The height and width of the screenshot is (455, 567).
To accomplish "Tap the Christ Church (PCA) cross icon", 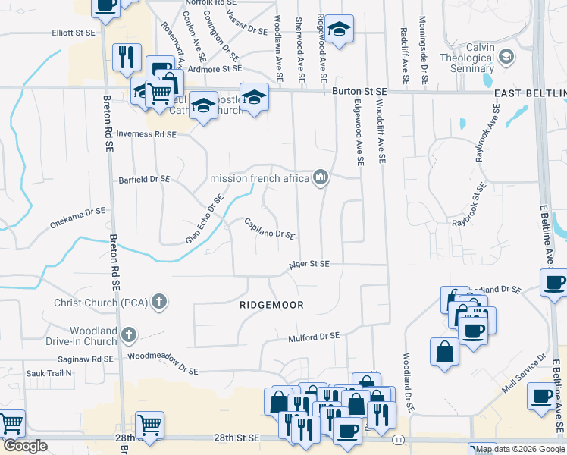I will pyautogui.click(x=158, y=303).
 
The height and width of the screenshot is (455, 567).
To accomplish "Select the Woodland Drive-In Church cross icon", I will pyautogui.click(x=129, y=334).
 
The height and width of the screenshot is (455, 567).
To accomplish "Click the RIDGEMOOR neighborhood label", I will pyautogui.click(x=271, y=305).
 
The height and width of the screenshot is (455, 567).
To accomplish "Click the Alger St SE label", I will pyautogui.click(x=310, y=265).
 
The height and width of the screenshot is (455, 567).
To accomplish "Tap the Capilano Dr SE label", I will pyautogui.click(x=269, y=228).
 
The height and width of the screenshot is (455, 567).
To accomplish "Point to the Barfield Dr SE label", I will pyautogui.click(x=144, y=180).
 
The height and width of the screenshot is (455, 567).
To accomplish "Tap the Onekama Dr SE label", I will pyautogui.click(x=76, y=218).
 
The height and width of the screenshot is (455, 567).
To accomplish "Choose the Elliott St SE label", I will pyautogui.click(x=73, y=33).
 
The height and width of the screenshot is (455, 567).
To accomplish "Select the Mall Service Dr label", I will pyautogui.click(x=522, y=372).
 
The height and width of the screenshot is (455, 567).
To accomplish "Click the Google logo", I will pyautogui.click(x=25, y=446).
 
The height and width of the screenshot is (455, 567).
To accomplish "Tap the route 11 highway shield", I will pyautogui.click(x=399, y=439).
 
